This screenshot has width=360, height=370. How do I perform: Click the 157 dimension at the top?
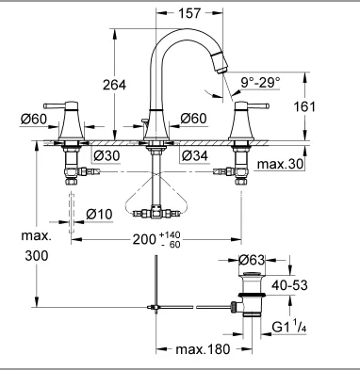click(189, 13)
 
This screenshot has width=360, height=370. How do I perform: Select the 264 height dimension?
click(114, 85)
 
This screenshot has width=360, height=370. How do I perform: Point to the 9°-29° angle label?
click(260, 83)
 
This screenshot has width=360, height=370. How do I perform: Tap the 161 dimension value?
click(304, 106)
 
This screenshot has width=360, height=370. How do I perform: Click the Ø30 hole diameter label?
click(106, 155)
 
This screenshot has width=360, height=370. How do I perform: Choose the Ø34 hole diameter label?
click(195, 155)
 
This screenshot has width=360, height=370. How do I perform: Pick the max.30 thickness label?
click(280, 164)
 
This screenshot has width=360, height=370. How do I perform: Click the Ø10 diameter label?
click(99, 215)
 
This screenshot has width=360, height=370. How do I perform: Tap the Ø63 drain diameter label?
click(252, 260)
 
